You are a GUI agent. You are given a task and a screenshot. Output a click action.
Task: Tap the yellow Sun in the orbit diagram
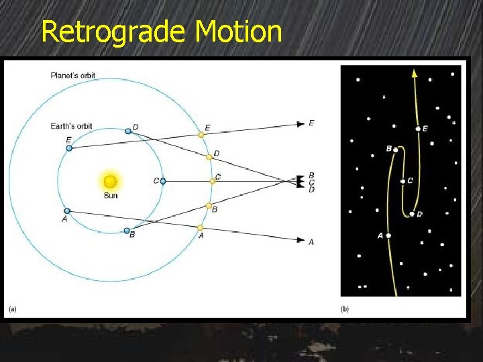click(x=111, y=182)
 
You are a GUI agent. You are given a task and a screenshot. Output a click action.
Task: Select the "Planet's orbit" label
click(x=74, y=75)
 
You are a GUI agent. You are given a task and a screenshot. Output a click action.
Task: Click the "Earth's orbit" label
click(x=72, y=126)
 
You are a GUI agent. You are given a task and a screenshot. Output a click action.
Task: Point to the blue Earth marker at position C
click(x=163, y=181)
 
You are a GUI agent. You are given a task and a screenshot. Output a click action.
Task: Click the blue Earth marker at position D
click(x=128, y=131)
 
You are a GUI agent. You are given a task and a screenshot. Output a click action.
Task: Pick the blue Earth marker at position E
click(x=69, y=147)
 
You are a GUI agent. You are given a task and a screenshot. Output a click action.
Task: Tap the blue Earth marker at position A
click(x=67, y=210)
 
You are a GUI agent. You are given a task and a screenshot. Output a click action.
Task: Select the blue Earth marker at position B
click(x=127, y=231)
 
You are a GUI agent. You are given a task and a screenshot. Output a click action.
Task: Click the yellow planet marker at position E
click(x=201, y=135)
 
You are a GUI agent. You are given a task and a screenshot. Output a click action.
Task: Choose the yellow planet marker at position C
click(x=213, y=180)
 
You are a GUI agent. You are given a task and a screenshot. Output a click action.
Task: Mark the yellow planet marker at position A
click(x=201, y=228)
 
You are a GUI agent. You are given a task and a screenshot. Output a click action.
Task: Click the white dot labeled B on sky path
click(x=396, y=149)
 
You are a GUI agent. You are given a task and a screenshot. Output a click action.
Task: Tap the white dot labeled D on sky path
click(x=412, y=214)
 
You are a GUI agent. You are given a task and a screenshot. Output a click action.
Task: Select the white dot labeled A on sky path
click(x=388, y=235)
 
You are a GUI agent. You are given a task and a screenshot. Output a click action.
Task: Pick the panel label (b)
click(x=345, y=309)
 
